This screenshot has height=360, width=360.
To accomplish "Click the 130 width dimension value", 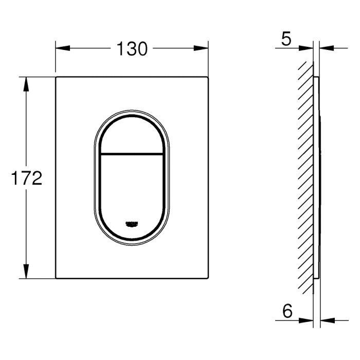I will [x=132, y=49].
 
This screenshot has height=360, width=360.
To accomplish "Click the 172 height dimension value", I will [x=26, y=178].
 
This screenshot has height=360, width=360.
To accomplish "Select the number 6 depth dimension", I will [x=288, y=311].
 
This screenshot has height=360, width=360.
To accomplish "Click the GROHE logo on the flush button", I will [x=132, y=223].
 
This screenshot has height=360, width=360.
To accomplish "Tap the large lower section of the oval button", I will [x=132, y=190].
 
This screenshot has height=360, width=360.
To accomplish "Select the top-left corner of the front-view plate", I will [x=56, y=78].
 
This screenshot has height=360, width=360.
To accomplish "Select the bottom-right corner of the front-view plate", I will [x=208, y=278].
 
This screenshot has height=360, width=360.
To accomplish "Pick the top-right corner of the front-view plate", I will [x=208, y=78].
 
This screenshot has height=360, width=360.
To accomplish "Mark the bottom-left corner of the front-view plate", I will [x=56, y=278].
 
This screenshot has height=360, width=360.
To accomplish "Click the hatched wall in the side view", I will [x=306, y=177].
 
